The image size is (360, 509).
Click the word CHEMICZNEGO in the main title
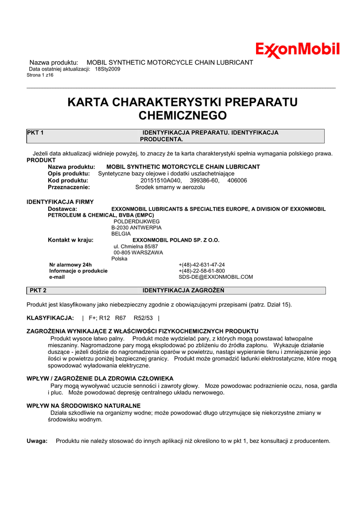181,116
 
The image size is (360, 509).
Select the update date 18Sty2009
107,69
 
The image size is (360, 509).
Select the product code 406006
237,180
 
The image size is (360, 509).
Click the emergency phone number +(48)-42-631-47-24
201,265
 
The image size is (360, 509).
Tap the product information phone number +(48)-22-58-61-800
201,271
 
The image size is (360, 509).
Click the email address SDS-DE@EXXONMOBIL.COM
216,277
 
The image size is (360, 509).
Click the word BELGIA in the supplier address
121,234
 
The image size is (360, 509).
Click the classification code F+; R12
99,318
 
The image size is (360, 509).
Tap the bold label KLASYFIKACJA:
50,318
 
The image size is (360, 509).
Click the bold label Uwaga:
37,441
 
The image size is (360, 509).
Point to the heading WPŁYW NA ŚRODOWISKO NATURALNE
84,406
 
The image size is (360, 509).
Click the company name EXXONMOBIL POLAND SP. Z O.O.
176,240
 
